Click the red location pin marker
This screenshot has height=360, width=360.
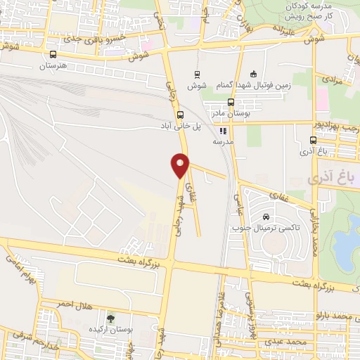181,165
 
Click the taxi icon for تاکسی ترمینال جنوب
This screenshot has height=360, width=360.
266,217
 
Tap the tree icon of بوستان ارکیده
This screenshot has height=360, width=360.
110,319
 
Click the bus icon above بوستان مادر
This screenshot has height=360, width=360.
231,101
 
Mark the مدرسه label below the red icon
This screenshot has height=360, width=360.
222,141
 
